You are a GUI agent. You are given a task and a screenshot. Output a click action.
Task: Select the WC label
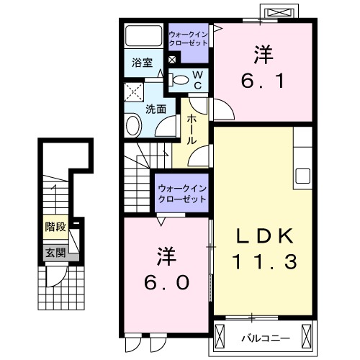tap(197, 79)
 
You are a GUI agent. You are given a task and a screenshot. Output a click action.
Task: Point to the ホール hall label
tap(192, 129)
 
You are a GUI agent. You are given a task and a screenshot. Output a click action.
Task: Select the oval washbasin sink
tap(133, 127)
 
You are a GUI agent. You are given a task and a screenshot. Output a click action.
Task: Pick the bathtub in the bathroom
tap(143, 36)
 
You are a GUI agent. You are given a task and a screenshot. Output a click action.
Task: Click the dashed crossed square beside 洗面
tap(133, 93)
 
